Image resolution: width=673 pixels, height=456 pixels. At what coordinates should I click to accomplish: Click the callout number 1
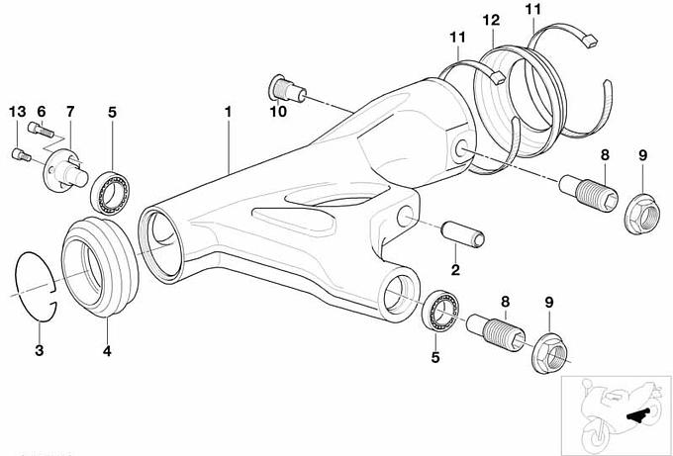point(229,112)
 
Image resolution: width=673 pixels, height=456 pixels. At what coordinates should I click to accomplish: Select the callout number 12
point(492,21)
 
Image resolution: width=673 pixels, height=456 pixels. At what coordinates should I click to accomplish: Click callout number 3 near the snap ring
point(39,350)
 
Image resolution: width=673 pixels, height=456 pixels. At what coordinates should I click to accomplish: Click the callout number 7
point(71,110)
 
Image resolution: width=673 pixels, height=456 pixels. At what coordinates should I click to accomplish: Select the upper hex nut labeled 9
point(639,209)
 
